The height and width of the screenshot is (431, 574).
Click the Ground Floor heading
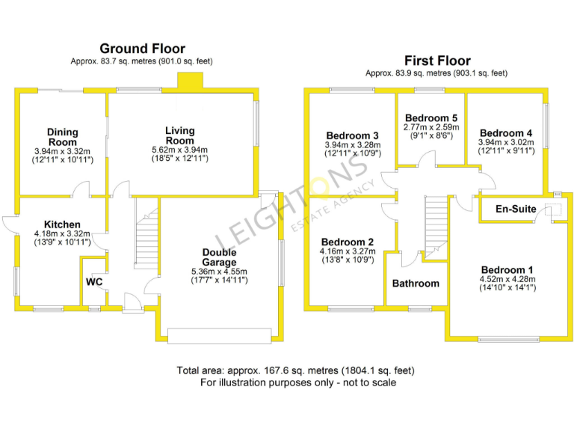click(x=142, y=49)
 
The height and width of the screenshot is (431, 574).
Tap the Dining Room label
click(x=63, y=137)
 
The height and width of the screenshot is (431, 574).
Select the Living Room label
click(x=180, y=135)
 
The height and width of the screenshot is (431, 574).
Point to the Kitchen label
click(x=62, y=224)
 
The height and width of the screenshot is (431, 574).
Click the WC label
click(x=94, y=282)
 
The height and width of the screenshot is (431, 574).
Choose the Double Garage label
click(x=219, y=257)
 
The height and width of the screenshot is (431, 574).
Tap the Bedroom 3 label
click(x=353, y=135)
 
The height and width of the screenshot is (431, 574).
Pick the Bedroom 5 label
click(x=431, y=118)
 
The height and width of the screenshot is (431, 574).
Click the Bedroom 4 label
click(x=506, y=134)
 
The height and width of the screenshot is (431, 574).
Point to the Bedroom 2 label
click(x=347, y=242)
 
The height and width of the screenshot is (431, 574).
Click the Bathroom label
click(x=416, y=284)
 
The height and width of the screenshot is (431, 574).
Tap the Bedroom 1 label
click(x=507, y=270)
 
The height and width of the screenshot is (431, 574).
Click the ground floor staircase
click(x=146, y=233)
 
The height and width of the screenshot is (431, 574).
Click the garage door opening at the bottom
click(x=219, y=335)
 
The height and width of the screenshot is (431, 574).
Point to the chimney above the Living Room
click(x=188, y=81)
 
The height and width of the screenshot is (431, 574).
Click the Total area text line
click(x=295, y=370)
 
